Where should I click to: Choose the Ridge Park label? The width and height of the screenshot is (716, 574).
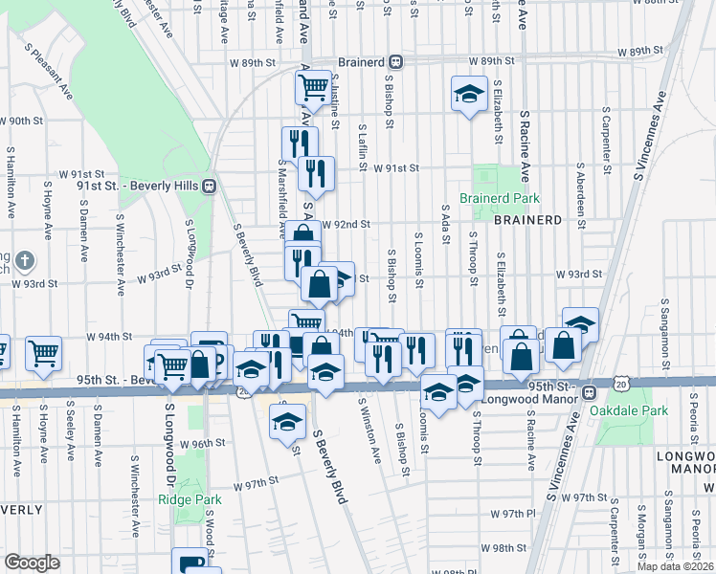click(x=190, y=499)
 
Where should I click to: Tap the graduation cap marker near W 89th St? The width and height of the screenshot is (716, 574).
click(x=468, y=95)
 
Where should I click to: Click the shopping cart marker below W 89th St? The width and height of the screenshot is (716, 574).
click(x=313, y=88)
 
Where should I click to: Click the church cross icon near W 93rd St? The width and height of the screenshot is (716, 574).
click(x=25, y=259)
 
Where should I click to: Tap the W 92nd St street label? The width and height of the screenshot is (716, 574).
click(x=346, y=225)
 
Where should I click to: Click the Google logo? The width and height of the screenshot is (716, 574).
click(x=32, y=563)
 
